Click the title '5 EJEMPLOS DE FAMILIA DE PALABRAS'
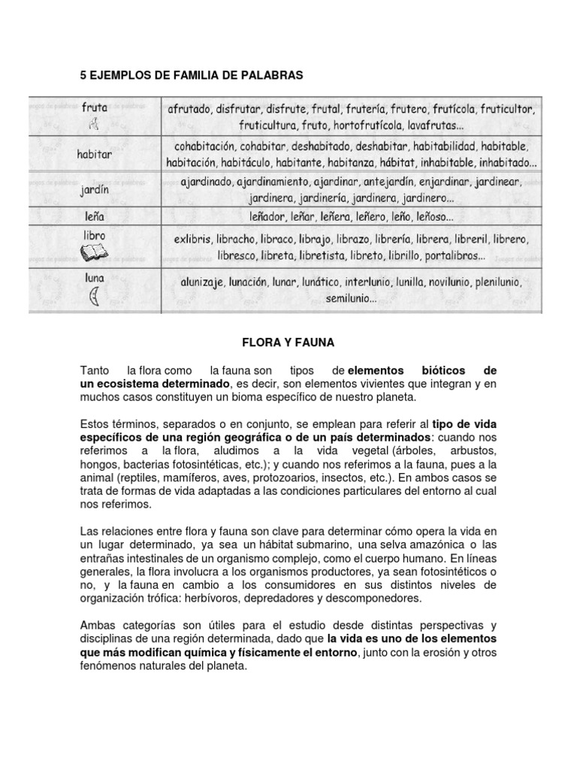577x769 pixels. [191, 76]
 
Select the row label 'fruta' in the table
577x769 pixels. [94, 107]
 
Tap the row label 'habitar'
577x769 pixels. [94, 153]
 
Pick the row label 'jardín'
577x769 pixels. [94, 190]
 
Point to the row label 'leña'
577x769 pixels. [94, 216]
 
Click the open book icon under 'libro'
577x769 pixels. [94, 255]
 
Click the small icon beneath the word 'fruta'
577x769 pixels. [94, 123]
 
